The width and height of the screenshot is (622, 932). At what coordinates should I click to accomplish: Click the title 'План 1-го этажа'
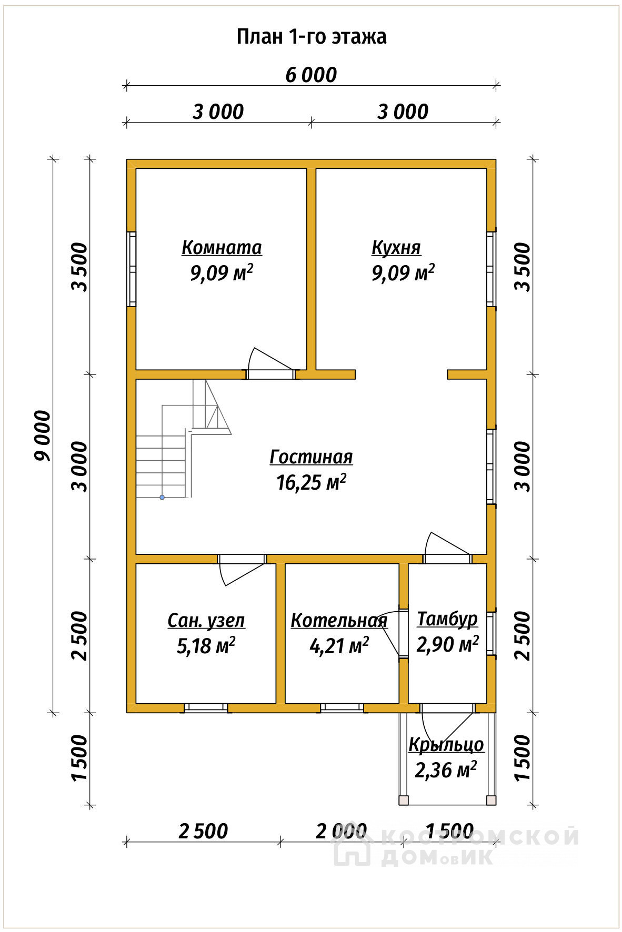click(312, 37)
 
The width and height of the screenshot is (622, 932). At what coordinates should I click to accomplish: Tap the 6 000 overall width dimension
click(311, 75)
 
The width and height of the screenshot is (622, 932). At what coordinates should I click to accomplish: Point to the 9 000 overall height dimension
click(43, 435)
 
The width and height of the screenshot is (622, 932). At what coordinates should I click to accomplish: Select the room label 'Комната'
click(222, 247)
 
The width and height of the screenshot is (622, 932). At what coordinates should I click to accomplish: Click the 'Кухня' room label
click(396, 247)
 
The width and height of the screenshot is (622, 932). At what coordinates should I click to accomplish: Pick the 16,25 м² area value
click(311, 482)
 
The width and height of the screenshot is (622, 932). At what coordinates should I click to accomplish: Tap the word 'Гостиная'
click(311, 457)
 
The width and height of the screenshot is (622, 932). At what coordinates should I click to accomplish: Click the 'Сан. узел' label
click(206, 621)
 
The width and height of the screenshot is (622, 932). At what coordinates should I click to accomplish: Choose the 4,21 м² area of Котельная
click(339, 646)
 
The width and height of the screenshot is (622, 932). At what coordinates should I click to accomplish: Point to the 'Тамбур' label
click(447, 619)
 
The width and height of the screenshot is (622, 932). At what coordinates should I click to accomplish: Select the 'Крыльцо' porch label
click(446, 745)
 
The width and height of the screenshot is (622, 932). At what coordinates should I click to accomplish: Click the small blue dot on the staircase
click(162, 497)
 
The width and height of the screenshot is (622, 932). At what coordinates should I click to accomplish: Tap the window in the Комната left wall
click(132, 269)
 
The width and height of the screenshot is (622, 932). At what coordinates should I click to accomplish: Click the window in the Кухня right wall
click(491, 269)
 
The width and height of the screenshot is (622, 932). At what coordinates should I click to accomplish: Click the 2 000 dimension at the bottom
click(341, 832)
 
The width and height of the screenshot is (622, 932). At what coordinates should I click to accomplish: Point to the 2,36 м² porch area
click(446, 770)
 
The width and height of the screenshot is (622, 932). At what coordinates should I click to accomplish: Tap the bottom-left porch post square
click(404, 801)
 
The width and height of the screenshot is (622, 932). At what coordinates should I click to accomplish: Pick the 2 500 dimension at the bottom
click(203, 832)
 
